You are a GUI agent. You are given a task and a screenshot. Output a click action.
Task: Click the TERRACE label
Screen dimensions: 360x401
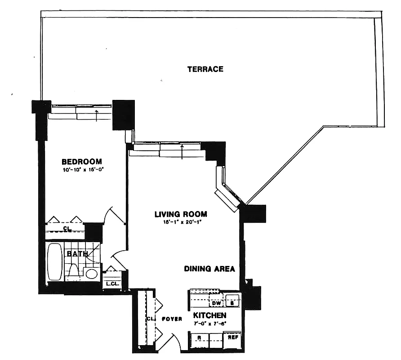205,69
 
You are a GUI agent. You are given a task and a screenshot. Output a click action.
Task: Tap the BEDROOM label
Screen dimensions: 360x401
81,162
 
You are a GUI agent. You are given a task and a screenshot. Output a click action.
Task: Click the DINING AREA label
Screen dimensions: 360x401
209,269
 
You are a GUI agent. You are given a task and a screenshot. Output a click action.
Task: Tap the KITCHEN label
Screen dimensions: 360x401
209,315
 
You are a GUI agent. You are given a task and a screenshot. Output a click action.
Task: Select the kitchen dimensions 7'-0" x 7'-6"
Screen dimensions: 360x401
209,323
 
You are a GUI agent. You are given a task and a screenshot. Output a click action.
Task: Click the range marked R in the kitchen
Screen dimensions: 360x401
198,338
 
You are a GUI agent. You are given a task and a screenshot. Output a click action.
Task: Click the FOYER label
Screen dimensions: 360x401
173,319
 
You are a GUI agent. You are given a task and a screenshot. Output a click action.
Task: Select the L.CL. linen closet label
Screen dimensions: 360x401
111,284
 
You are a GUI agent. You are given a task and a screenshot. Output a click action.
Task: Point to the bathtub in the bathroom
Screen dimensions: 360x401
55,262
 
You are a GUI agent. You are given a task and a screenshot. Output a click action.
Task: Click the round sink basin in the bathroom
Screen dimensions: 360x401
92,274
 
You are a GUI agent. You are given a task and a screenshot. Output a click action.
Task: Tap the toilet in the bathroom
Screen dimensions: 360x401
74,271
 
